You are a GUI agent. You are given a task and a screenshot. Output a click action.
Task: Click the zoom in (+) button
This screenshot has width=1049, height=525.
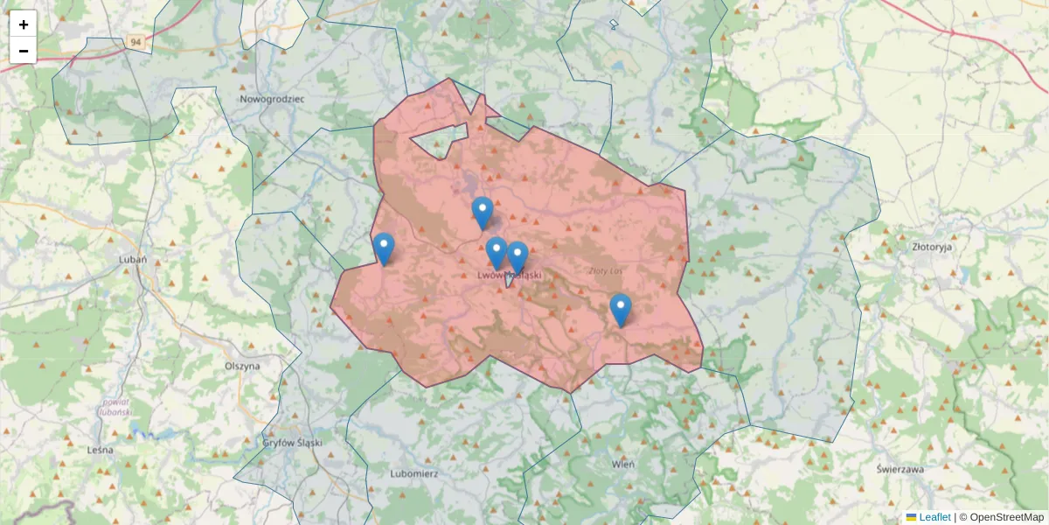[23, 24]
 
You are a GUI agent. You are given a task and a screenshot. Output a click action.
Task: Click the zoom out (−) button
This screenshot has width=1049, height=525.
[23, 51]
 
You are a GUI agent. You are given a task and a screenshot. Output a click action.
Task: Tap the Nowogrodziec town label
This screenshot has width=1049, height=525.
[273, 99]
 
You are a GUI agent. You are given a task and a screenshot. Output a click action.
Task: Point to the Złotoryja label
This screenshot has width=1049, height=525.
[931, 247]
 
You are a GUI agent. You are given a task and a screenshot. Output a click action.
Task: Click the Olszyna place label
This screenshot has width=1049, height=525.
[242, 366]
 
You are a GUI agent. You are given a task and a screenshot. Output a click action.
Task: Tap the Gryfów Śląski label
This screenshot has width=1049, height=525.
[293, 443]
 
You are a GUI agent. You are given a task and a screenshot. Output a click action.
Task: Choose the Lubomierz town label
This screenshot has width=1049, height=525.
[413, 473]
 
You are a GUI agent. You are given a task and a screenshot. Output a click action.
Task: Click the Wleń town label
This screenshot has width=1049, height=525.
[622, 463]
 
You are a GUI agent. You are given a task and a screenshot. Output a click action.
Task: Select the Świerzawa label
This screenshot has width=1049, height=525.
[900, 468]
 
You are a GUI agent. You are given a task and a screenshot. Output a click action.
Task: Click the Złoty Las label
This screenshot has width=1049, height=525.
[604, 270]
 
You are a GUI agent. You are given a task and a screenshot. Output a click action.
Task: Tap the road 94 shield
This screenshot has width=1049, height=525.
[134, 41]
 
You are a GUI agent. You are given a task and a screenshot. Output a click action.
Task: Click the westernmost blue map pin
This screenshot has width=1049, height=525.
[383, 248]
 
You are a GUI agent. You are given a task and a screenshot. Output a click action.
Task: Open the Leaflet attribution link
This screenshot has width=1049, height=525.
[934, 517]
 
